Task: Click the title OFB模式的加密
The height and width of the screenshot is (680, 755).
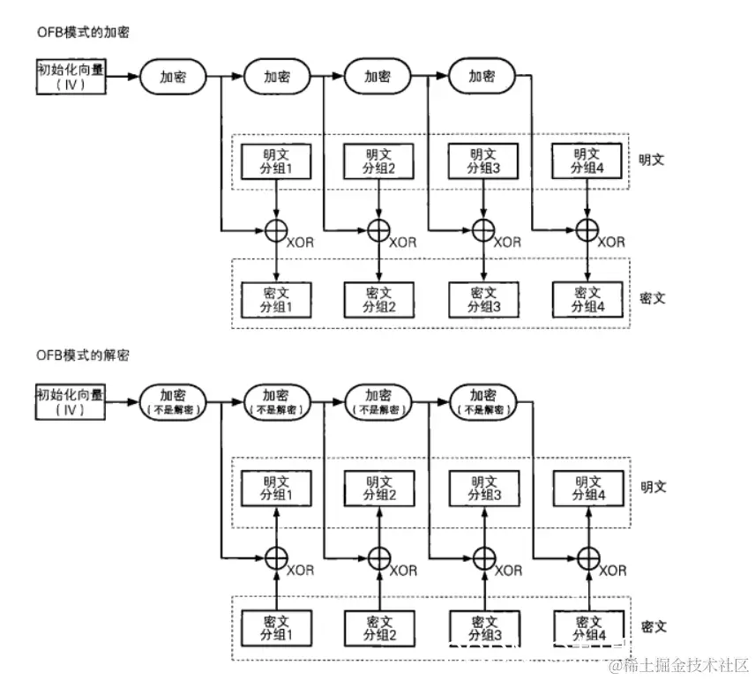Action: coord(77,33)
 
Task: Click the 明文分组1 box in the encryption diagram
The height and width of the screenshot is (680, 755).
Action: coord(277,161)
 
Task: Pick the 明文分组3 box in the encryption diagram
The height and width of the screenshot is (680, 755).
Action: coord(482,161)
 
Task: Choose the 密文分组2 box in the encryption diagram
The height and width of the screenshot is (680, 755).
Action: coord(378,298)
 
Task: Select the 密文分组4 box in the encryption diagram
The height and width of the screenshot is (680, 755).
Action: coord(587,298)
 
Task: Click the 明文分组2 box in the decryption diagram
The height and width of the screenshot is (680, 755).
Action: coord(378,488)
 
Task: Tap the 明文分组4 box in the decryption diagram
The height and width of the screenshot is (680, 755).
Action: coord(587,488)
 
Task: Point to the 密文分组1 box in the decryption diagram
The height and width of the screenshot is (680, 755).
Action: coord(277,625)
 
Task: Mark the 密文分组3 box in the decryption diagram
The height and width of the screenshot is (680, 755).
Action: coord(482,625)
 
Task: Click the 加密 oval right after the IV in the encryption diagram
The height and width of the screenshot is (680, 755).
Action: coord(171,77)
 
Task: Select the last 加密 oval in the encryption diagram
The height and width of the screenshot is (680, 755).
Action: coord(482,77)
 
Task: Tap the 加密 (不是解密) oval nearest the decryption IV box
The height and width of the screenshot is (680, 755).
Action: coord(171,401)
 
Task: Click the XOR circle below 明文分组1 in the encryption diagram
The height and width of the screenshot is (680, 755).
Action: coord(277,231)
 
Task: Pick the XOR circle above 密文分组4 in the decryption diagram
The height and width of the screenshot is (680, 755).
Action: coord(587,557)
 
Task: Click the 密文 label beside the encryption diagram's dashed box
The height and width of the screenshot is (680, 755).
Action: coord(654,298)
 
